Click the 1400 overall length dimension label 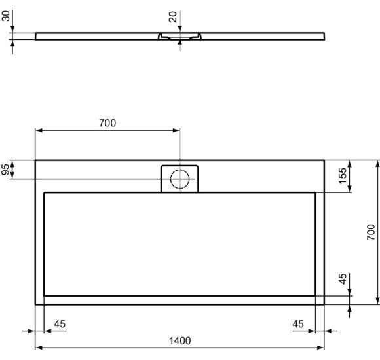click(180, 340)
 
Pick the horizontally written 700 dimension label click(108, 122)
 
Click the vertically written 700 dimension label click(370, 232)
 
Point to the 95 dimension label click(7, 170)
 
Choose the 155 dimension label click(343, 176)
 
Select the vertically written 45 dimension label click(343, 280)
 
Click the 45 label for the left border click(59, 323)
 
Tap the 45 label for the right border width click(298, 323)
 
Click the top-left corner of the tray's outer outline click(35, 160)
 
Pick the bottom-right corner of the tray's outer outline click(324, 304)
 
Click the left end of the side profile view click(35, 35)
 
